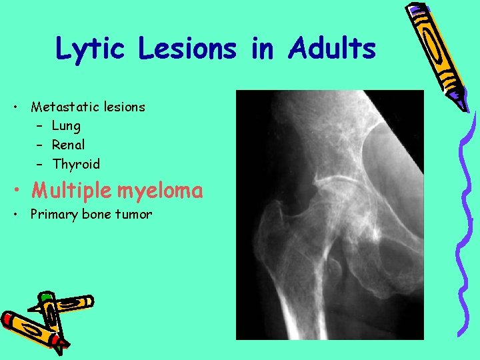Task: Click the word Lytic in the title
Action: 89,49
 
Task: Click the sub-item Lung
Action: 66,126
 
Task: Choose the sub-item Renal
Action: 69,145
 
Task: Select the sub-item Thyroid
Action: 75,164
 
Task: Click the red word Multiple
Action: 72,191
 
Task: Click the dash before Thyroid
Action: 40,164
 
